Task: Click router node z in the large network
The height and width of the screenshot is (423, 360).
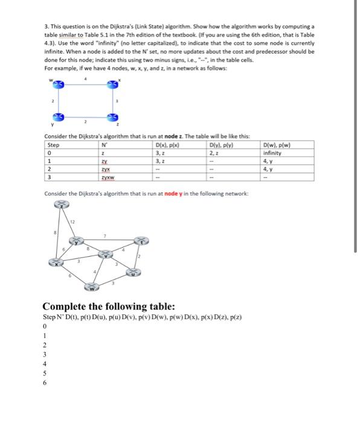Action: click(x=62, y=205)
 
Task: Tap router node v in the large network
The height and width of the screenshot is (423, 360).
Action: click(x=108, y=253)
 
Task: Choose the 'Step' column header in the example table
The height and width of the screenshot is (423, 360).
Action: click(x=54, y=146)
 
